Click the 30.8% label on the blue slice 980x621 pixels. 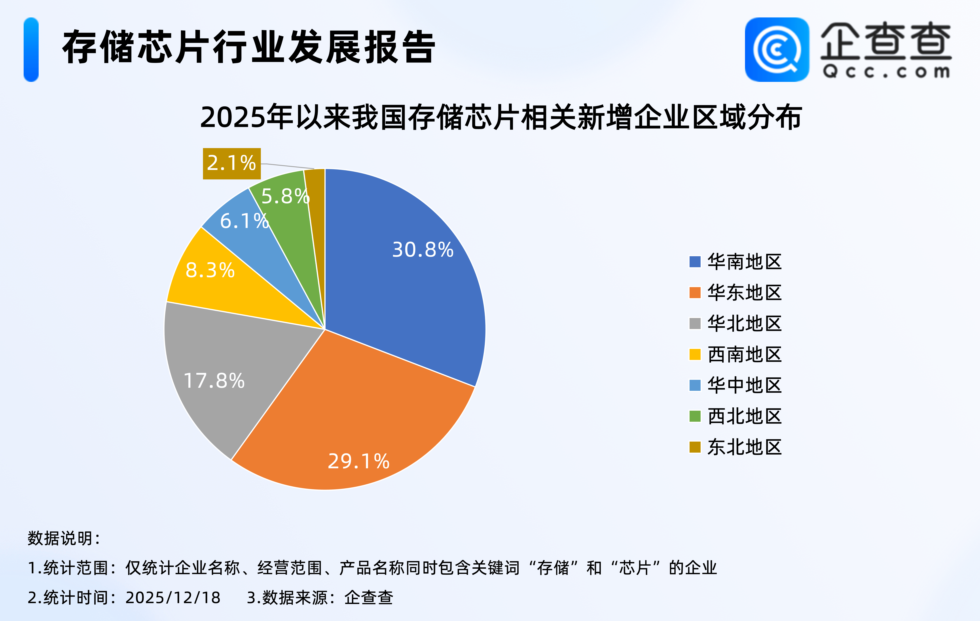click(x=423, y=250)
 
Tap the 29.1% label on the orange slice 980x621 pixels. click(x=358, y=461)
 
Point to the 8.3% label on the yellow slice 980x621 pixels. click(x=210, y=270)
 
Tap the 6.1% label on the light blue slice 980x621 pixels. click(x=244, y=221)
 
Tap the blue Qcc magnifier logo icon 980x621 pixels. click(x=777, y=50)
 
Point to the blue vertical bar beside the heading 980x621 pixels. click(x=31, y=50)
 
